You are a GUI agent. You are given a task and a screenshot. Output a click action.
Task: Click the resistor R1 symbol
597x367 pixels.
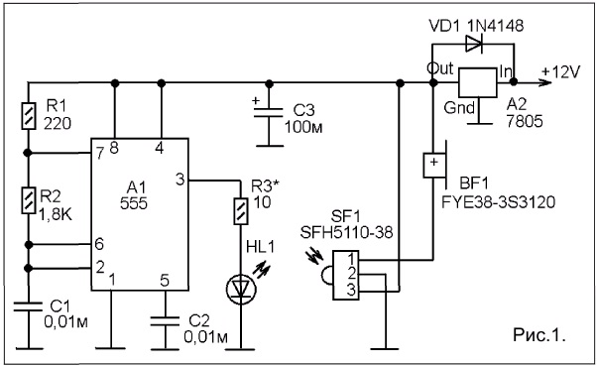(28, 116)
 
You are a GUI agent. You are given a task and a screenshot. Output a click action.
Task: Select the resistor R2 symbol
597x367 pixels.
(28, 200)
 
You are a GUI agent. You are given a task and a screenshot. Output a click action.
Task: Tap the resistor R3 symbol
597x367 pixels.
(241, 211)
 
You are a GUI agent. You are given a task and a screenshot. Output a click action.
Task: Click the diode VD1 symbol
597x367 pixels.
(474, 45)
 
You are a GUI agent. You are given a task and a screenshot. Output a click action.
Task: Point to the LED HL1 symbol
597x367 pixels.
(241, 290)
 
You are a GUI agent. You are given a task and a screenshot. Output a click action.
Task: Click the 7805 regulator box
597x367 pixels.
(477, 82)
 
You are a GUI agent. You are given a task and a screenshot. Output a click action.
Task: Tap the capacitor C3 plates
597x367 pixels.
(269, 112)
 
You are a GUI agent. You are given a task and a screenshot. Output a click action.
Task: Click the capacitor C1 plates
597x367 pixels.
(28, 306)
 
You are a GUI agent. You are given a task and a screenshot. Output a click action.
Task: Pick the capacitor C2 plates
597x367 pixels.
(165, 320)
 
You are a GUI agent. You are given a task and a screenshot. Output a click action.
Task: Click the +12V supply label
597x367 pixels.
(561, 72)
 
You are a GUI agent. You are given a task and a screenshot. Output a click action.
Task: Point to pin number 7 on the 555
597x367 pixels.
(100, 154)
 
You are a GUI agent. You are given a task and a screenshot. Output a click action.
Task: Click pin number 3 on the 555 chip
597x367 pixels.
(180, 179)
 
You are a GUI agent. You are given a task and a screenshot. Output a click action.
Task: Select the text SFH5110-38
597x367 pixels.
(346, 232)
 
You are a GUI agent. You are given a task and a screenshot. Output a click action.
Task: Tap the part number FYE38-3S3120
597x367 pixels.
(498, 201)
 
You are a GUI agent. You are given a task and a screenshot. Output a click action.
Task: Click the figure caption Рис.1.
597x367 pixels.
(538, 335)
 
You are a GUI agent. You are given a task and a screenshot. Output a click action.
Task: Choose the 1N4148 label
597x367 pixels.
(495, 26)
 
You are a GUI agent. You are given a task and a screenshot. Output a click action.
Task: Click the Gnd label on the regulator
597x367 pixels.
(459, 108)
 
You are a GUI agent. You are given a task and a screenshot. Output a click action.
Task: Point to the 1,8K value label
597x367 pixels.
(56, 215)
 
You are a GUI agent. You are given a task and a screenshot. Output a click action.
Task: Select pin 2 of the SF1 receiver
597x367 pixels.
(351, 274)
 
